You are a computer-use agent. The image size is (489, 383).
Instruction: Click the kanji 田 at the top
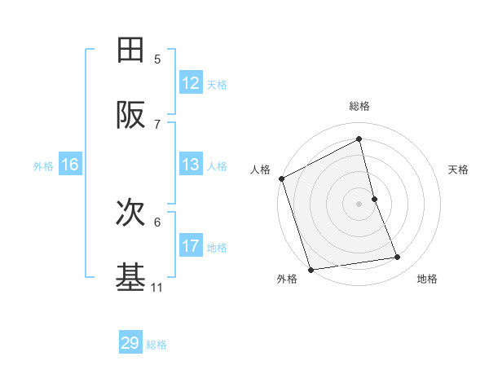click(x=131, y=51)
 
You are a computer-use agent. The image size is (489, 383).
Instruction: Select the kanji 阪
click(x=131, y=116)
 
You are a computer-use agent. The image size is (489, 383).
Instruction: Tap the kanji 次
click(x=131, y=214)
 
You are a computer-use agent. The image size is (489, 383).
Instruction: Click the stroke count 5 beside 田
click(x=157, y=59)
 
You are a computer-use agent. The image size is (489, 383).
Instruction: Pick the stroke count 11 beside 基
click(x=157, y=287)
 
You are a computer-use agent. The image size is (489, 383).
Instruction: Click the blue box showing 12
click(x=191, y=83)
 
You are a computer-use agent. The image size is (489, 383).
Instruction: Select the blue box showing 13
click(x=191, y=165)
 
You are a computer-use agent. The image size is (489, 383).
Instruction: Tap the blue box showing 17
click(x=191, y=246)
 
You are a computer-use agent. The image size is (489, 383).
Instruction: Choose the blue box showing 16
click(x=70, y=165)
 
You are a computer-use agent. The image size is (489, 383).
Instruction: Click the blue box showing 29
click(x=130, y=343)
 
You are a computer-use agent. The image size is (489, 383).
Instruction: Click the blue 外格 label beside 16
click(x=43, y=165)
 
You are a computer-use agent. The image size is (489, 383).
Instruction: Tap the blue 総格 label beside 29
click(x=156, y=345)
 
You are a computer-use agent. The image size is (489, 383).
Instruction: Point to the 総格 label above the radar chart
click(x=359, y=106)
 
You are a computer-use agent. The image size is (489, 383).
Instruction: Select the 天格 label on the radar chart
click(x=459, y=169)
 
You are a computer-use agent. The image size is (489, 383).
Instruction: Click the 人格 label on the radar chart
click(x=260, y=169)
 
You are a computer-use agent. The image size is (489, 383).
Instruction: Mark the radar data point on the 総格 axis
click(x=359, y=139)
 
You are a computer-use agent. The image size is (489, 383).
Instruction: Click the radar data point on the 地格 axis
click(x=398, y=258)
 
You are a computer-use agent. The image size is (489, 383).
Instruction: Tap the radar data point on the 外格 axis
click(x=310, y=269)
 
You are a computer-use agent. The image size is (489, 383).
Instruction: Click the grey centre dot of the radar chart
click(x=359, y=204)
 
